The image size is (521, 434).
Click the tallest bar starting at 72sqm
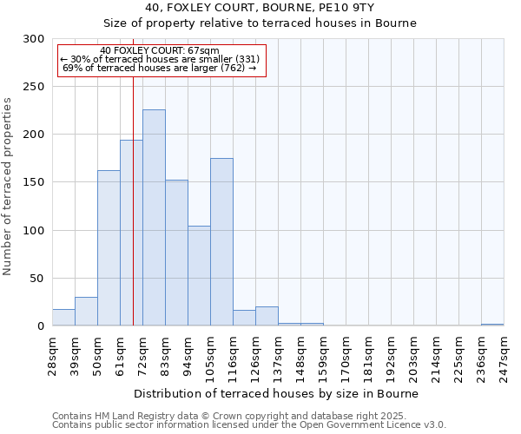click(154, 218)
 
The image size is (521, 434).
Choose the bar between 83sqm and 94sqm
click(176, 253)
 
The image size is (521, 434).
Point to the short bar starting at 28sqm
click(63, 318)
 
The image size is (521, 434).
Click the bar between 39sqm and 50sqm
click(86, 312)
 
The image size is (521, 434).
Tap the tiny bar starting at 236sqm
click(492, 325)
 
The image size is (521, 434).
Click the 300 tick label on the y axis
click(34, 39)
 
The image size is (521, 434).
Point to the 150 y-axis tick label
click(34, 182)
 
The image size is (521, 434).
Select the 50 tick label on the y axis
click(37, 279)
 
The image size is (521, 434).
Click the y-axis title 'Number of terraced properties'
click(9, 187)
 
